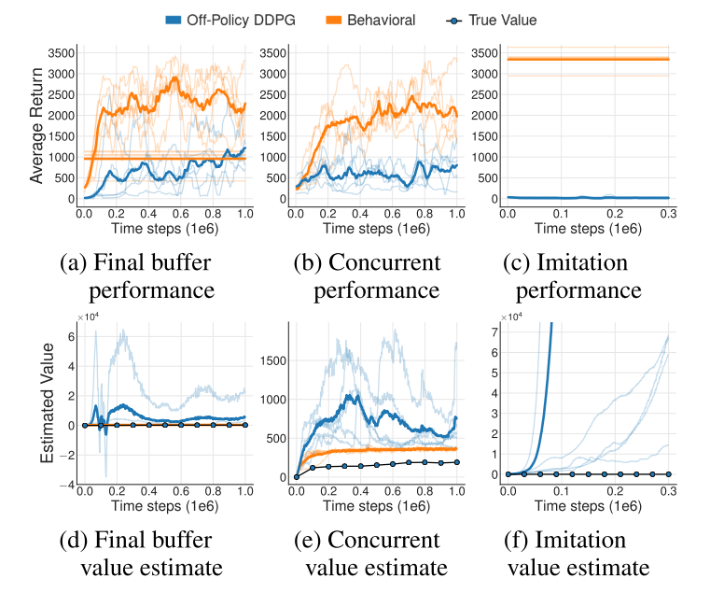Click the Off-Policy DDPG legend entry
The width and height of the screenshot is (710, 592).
(x=228, y=19)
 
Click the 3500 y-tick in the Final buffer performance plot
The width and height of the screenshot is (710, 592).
(x=59, y=50)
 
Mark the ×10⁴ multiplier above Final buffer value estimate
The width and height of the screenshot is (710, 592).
(x=86, y=318)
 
